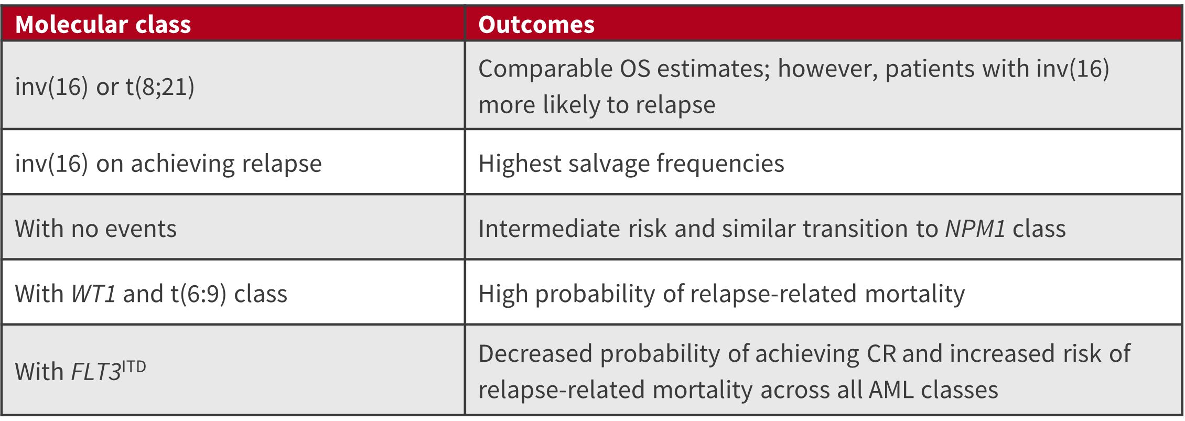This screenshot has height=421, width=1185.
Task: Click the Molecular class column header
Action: point(103,25)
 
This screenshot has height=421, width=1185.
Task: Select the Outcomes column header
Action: point(536,25)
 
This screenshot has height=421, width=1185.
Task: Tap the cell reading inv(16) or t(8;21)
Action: point(104,87)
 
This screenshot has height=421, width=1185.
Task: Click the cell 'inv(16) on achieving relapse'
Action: point(168,164)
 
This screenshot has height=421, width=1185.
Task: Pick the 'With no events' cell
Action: point(95,229)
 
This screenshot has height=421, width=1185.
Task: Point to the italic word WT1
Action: point(93,294)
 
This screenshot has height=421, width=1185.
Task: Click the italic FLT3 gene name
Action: point(96,372)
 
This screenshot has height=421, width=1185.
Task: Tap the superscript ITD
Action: point(134,366)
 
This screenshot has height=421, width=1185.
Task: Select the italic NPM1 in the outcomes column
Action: point(975,229)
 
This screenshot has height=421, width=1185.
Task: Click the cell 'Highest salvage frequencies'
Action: point(631,164)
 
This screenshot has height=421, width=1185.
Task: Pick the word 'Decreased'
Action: point(535,354)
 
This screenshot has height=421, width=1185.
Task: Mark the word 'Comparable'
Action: point(545,69)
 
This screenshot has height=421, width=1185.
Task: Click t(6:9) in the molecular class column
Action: point(199,294)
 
